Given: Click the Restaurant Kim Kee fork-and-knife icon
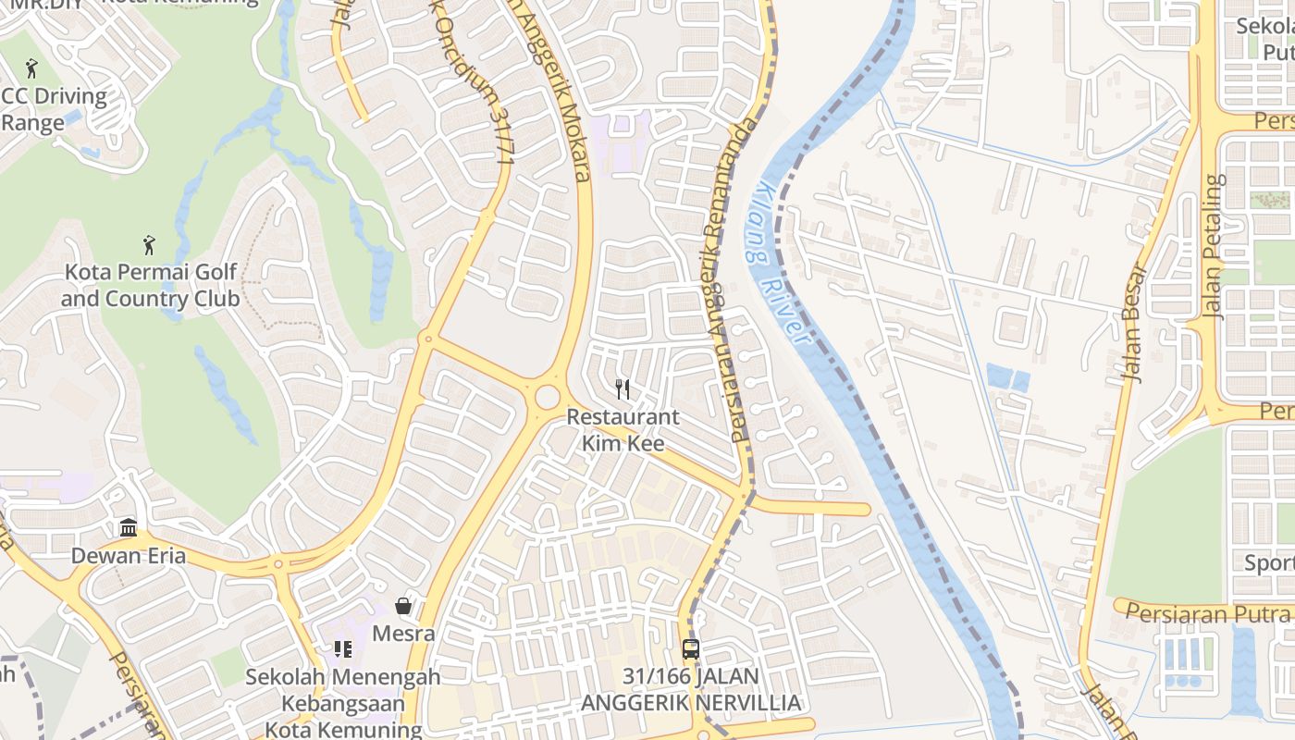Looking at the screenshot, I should click(x=623, y=389).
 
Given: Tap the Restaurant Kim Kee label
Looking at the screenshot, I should click(x=623, y=430).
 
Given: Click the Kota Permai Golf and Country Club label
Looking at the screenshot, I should click(x=150, y=285).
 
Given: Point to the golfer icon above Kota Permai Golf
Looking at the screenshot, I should click(x=149, y=245).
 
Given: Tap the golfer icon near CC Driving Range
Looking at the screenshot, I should click(x=32, y=68).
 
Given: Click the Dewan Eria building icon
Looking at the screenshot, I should click(x=129, y=528).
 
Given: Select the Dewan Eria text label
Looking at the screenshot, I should click(x=129, y=556).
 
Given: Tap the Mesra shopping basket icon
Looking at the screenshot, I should click(x=403, y=606).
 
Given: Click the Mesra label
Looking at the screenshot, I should click(x=403, y=634).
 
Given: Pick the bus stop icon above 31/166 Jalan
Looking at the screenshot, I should click(x=690, y=648).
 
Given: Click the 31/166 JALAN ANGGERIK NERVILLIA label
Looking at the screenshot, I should click(x=690, y=689).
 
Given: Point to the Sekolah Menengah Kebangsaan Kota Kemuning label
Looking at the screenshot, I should click(x=342, y=703).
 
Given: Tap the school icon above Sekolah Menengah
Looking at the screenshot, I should click(x=343, y=649).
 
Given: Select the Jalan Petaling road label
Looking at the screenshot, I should click(x=1214, y=246).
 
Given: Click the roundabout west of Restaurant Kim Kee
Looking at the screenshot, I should click(x=547, y=397).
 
